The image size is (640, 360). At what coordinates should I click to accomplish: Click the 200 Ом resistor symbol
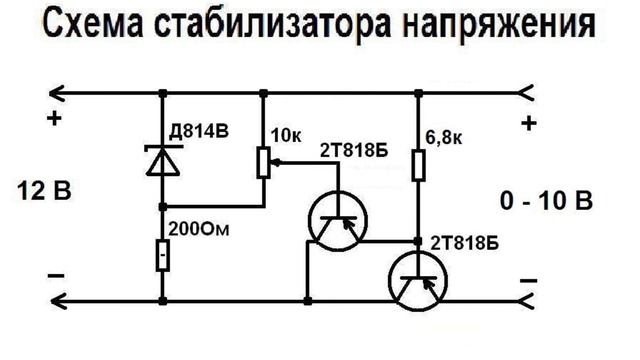click(x=160, y=255)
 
